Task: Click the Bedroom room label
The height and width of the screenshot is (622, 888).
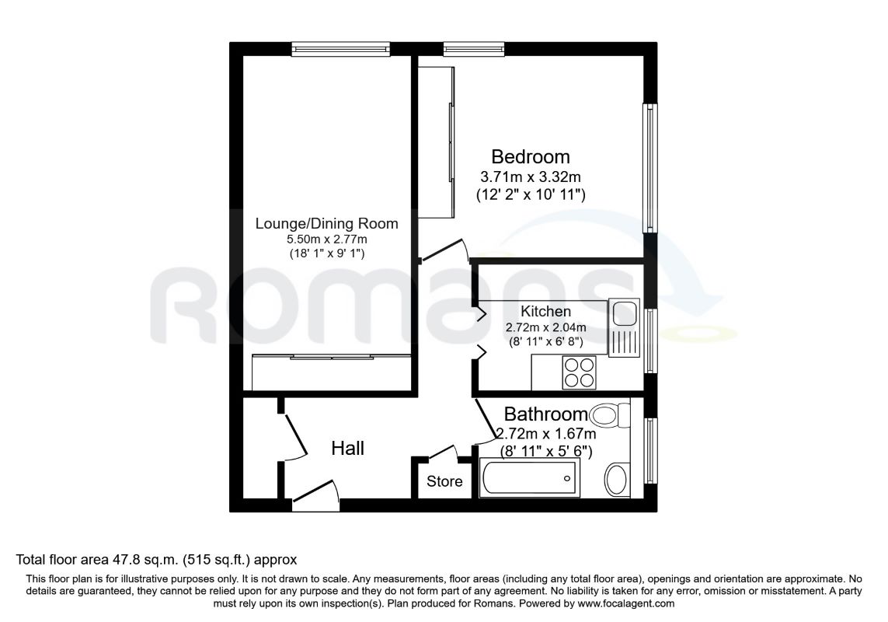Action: (x=530, y=156)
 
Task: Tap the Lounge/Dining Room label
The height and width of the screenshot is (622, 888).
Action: (x=327, y=223)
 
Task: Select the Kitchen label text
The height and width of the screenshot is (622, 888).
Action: (x=545, y=311)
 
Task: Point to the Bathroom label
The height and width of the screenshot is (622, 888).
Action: (x=546, y=414)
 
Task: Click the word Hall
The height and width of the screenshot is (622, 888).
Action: (x=348, y=449)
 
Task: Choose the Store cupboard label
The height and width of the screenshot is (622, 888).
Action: (x=444, y=481)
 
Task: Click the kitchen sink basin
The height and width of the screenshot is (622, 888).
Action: (x=625, y=313)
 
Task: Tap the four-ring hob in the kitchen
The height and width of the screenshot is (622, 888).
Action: (x=580, y=372)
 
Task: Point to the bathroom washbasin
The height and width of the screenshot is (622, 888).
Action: (x=617, y=480)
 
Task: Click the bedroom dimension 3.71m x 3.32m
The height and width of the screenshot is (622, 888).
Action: (x=531, y=177)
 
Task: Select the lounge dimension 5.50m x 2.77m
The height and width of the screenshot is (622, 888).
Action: (x=327, y=239)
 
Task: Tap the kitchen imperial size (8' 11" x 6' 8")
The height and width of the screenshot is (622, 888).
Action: (x=545, y=341)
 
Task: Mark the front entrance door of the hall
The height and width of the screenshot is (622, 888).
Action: (x=315, y=491)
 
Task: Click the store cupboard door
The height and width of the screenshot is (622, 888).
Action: (x=444, y=451)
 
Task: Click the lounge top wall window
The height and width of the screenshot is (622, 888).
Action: (x=342, y=49)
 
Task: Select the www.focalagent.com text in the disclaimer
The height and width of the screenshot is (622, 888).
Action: (x=625, y=604)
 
